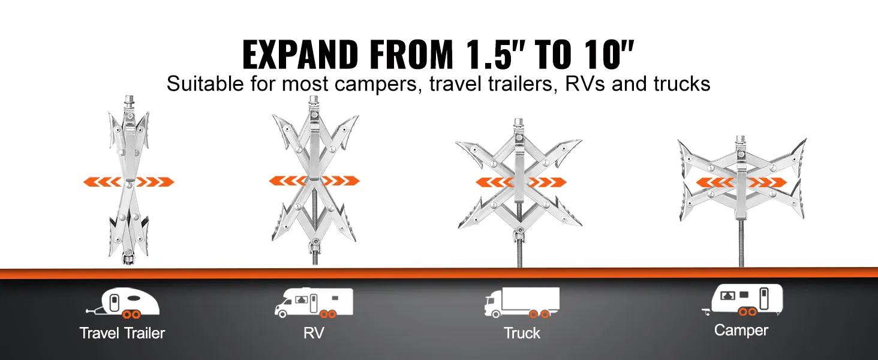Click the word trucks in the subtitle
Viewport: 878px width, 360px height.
(682, 83)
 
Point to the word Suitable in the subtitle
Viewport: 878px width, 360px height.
(205, 83)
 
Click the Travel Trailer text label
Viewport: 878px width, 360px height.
(122, 333)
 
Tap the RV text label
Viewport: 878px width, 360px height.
(314, 333)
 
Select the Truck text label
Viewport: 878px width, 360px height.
(522, 333)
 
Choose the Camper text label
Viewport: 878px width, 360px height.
(741, 330)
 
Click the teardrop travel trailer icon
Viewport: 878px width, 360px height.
(123, 303)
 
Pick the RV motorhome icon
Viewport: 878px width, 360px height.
(314, 302)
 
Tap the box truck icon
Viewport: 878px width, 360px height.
(522, 302)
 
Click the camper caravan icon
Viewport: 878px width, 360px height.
(742, 300)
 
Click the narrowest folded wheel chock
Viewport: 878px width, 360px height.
(128, 180)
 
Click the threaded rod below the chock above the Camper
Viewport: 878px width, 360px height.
(741, 243)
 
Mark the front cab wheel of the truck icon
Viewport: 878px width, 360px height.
(496, 314)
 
